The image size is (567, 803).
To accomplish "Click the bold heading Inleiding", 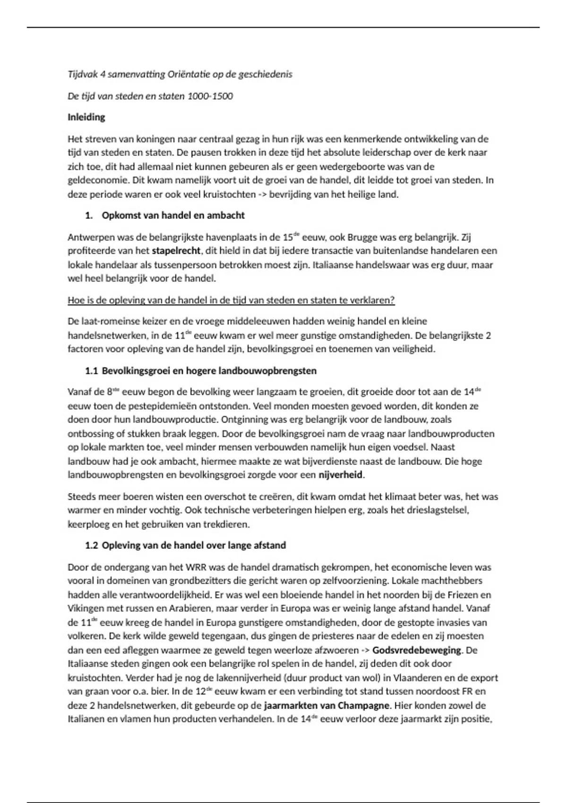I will [86, 117].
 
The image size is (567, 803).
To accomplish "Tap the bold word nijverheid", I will [341, 475].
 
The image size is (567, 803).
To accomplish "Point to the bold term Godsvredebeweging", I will [417, 650].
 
